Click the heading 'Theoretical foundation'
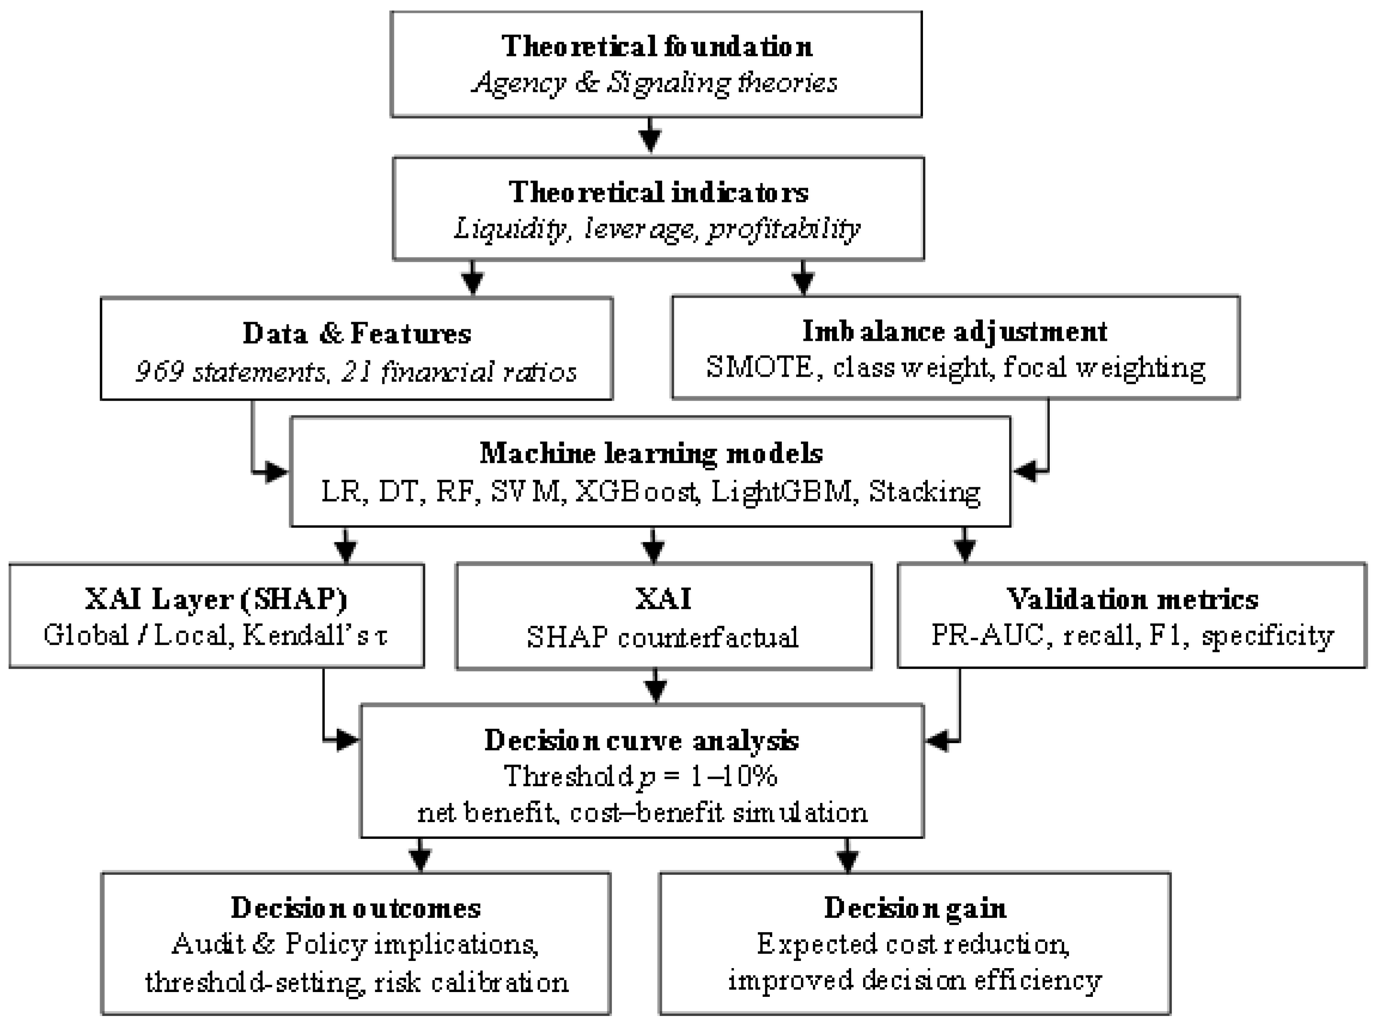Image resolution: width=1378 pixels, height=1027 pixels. point(656,46)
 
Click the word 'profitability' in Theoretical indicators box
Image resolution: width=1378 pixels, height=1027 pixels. point(783,229)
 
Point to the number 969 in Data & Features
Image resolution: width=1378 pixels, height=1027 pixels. point(159,372)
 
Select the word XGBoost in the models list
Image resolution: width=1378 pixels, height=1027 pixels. point(634,492)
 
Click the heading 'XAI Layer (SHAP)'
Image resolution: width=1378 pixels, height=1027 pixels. point(216,599)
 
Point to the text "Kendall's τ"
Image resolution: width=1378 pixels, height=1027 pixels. point(314,636)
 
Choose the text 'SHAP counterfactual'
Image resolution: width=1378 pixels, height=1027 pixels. point(663,638)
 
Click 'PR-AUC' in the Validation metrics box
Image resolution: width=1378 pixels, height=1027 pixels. point(987,636)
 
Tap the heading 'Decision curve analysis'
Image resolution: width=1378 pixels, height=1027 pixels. point(642,740)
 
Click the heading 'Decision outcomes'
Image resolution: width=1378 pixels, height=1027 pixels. point(356,908)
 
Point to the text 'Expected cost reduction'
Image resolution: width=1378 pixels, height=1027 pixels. point(912,944)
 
